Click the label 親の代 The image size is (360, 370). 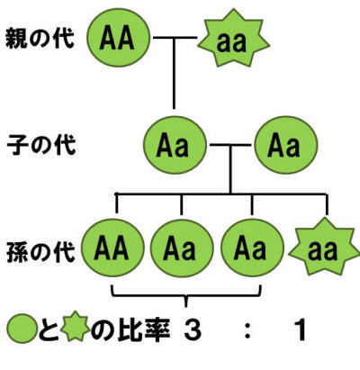click(x=40, y=39)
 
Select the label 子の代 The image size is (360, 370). click(x=41, y=145)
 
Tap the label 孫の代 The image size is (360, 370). click(x=40, y=251)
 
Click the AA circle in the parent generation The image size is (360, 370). click(x=118, y=39)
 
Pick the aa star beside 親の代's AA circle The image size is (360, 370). click(x=233, y=42)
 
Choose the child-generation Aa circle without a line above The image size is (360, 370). click(x=286, y=145)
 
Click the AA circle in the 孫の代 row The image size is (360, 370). click(x=113, y=248)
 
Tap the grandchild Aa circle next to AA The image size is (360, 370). click(x=182, y=248)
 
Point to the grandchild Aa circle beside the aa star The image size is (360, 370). click(x=252, y=248)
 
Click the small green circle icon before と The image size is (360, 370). click(x=22, y=329)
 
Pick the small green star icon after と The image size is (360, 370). click(x=75, y=326)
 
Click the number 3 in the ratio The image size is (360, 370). click(x=193, y=329)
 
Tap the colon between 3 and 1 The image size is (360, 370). click(x=247, y=330)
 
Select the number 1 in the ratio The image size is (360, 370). click(x=300, y=329)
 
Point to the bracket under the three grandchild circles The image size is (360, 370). click(x=186, y=295)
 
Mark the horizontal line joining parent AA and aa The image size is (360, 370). click(x=175, y=38)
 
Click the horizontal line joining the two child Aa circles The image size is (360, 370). click(x=230, y=145)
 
